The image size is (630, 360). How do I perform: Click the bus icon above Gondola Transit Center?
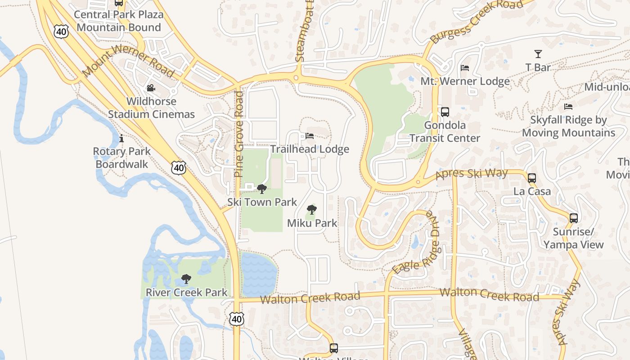click(445, 112)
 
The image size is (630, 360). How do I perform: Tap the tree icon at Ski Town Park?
click(261, 189)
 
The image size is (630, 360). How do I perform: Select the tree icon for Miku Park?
click(311, 209)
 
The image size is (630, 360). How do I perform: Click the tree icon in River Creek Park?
click(186, 279)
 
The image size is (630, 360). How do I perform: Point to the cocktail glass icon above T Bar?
click(538, 54)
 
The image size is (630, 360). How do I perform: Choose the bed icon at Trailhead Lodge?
click(310, 135)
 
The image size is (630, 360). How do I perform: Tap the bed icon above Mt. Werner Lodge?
click(465, 68)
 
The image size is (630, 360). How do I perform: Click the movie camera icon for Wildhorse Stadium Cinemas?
click(151, 88)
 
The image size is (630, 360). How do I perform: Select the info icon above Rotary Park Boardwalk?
click(121, 138)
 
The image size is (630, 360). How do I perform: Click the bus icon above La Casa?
click(532, 178)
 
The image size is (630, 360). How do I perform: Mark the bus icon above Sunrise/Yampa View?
click(574, 218)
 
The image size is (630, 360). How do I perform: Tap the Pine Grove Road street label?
click(238, 134)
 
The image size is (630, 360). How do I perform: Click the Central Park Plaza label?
click(118, 14)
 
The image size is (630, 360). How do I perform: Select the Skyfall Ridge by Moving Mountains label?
click(568, 126)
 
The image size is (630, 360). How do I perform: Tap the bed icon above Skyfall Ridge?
click(568, 107)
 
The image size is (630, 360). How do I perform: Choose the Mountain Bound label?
click(118, 27)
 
